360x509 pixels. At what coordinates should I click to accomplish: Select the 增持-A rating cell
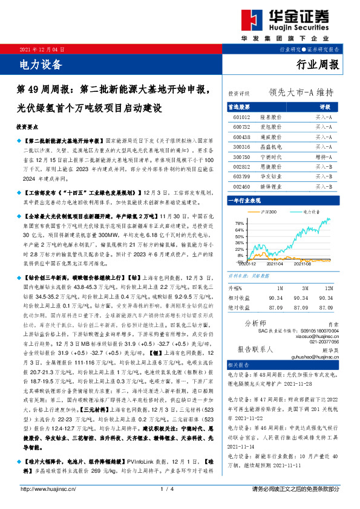point(324,157)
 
